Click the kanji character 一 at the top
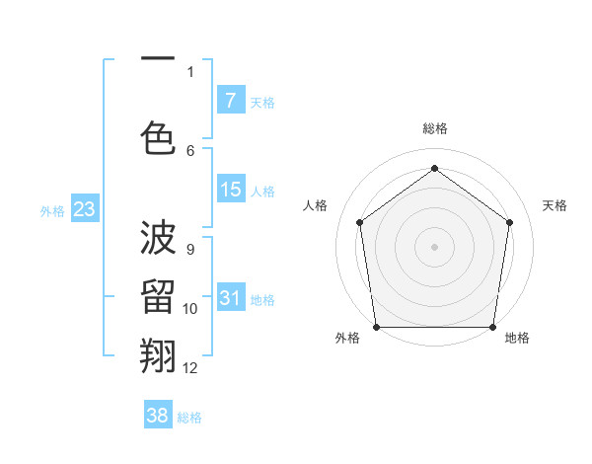pos(158,58)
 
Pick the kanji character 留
pos(158,298)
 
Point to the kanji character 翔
pos(158,356)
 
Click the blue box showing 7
pos(230,100)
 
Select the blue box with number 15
pos(230,190)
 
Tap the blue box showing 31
pos(230,298)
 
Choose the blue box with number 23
pos(84,209)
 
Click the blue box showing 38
pos(158,416)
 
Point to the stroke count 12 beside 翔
pos(190,368)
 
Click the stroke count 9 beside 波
pos(190,250)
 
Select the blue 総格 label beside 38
pos(189,418)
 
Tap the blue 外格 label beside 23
pos(52,210)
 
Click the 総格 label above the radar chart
pos(434,128)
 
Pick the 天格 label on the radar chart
pos(555,205)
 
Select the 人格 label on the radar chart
pos(315,205)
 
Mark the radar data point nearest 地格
pos(493,327)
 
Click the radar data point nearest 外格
pos(376,327)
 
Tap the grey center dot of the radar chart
pos(434,246)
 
